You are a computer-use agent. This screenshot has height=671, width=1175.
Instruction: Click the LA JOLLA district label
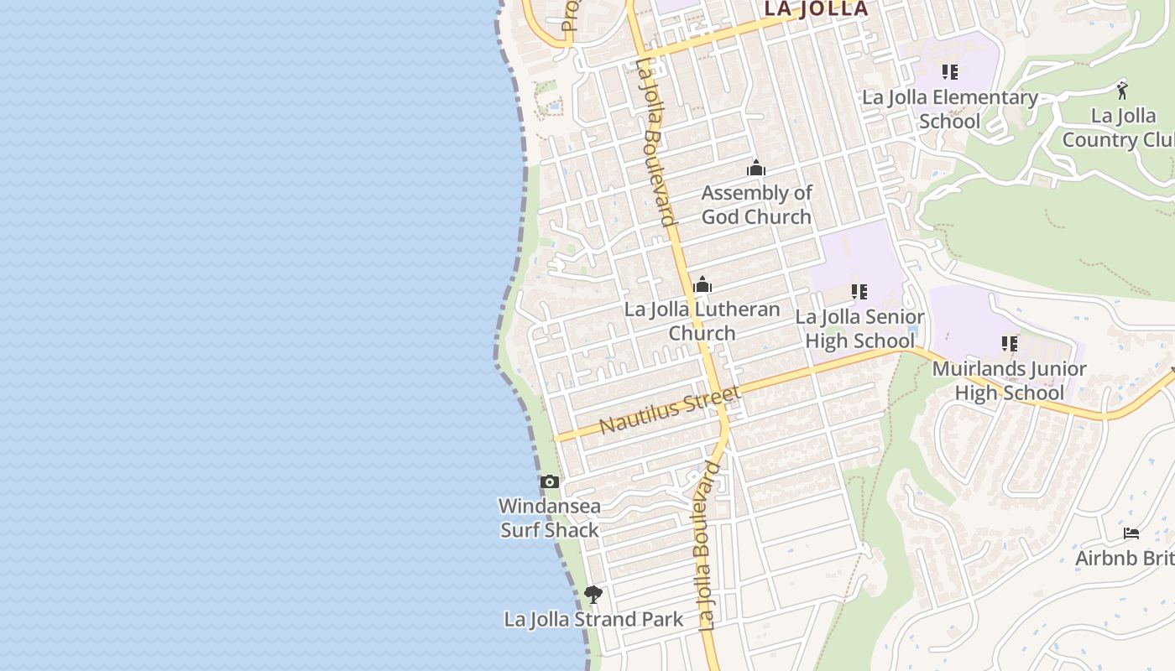pyautogui.click(x=815, y=9)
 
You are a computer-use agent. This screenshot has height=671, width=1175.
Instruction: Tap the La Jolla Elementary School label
pyautogui.click(x=950, y=109)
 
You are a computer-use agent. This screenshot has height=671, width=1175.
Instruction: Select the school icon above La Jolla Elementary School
pyautogui.click(x=950, y=72)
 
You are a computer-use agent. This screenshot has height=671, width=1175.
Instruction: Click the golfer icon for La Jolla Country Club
pyautogui.click(x=1122, y=90)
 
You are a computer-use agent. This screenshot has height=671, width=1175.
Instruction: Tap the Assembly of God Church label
pyautogui.click(x=756, y=205)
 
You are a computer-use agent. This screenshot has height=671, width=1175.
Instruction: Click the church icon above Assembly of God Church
pyautogui.click(x=756, y=169)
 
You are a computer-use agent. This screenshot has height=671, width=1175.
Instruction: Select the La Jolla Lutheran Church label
pyautogui.click(x=702, y=321)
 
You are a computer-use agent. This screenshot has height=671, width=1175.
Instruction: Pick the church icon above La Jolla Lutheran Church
pyautogui.click(x=702, y=285)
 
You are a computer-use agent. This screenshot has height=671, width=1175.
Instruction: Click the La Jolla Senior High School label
pyautogui.click(x=859, y=329)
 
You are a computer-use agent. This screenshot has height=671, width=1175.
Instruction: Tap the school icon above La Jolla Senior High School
pyautogui.click(x=859, y=292)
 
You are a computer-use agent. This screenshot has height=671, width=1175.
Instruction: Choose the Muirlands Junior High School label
pyautogui.click(x=1009, y=381)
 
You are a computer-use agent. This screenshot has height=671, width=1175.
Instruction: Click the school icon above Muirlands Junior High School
pyautogui.click(x=1010, y=344)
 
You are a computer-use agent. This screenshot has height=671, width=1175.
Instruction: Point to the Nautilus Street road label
pyautogui.click(x=670, y=410)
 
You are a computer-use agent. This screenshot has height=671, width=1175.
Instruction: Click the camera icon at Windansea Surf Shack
pyautogui.click(x=550, y=481)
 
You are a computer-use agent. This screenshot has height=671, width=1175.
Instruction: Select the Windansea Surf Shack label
pyautogui.click(x=550, y=518)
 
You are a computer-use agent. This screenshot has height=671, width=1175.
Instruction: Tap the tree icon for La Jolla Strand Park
pyautogui.click(x=593, y=596)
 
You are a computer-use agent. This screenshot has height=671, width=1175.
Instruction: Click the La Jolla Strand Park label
pyautogui.click(x=593, y=620)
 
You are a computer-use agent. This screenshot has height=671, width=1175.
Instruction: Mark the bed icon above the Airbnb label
pyautogui.click(x=1131, y=533)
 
